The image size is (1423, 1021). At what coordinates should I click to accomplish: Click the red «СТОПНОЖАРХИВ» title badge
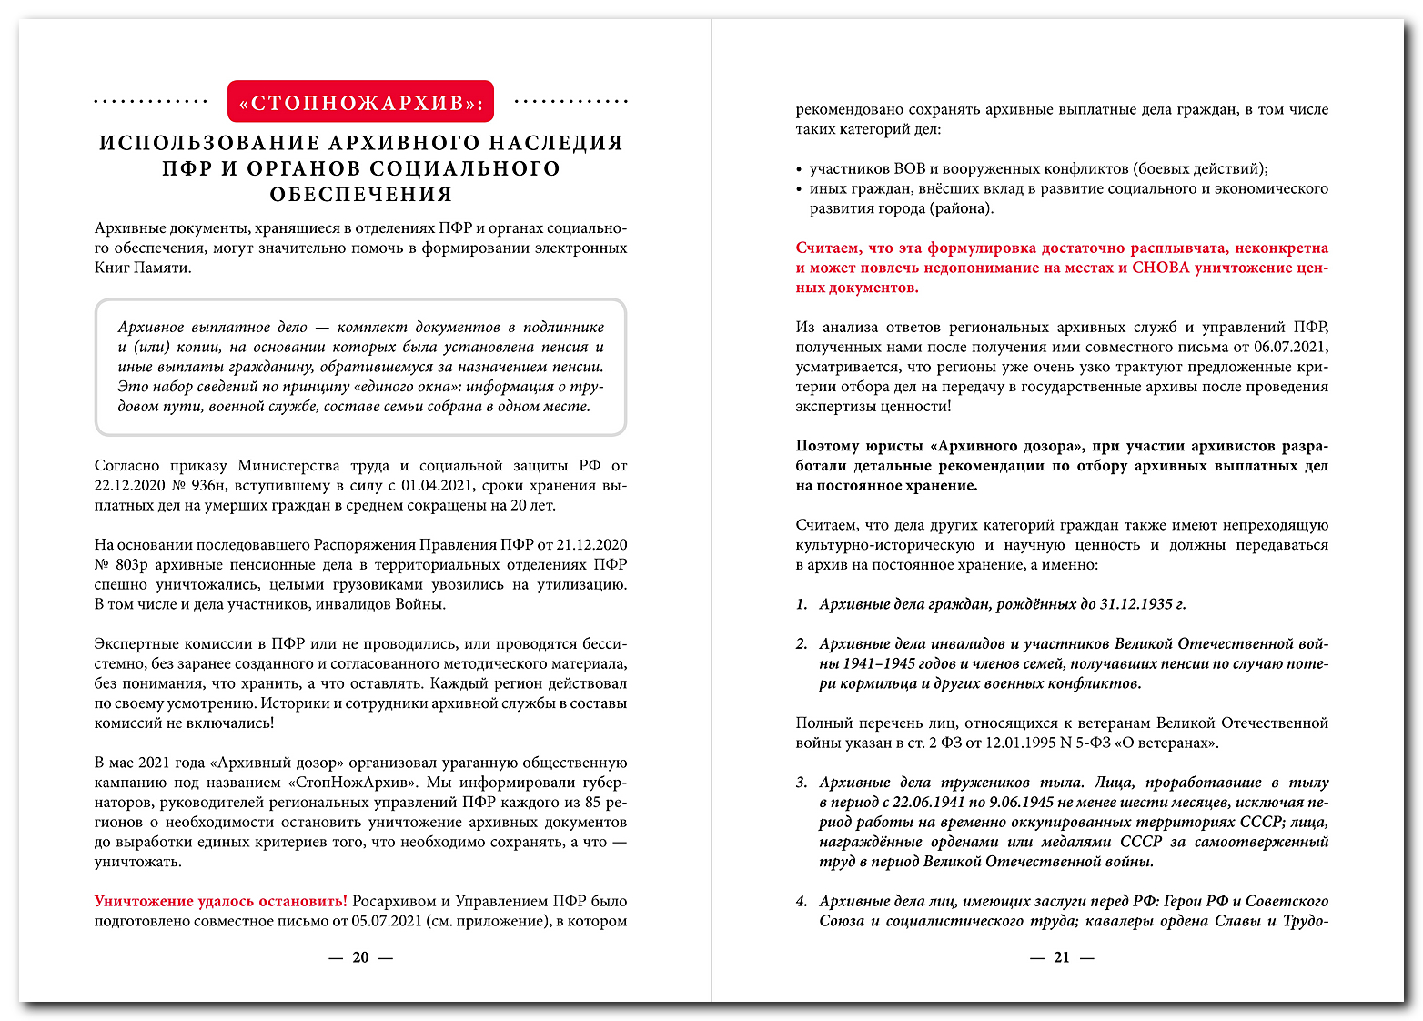click(360, 102)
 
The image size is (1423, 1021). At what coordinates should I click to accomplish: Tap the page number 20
click(360, 957)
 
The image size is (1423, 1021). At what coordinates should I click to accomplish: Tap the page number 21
click(1061, 957)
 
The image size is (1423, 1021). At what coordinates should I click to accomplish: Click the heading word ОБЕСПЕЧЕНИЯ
click(360, 194)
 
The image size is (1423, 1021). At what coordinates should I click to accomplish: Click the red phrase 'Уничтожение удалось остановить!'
click(220, 902)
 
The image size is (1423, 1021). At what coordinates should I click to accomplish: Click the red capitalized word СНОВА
click(1161, 268)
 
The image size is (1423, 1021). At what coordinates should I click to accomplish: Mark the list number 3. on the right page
click(802, 783)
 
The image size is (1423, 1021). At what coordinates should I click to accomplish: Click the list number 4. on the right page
click(802, 902)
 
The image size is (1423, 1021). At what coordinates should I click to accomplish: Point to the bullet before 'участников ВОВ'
click(799, 169)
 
